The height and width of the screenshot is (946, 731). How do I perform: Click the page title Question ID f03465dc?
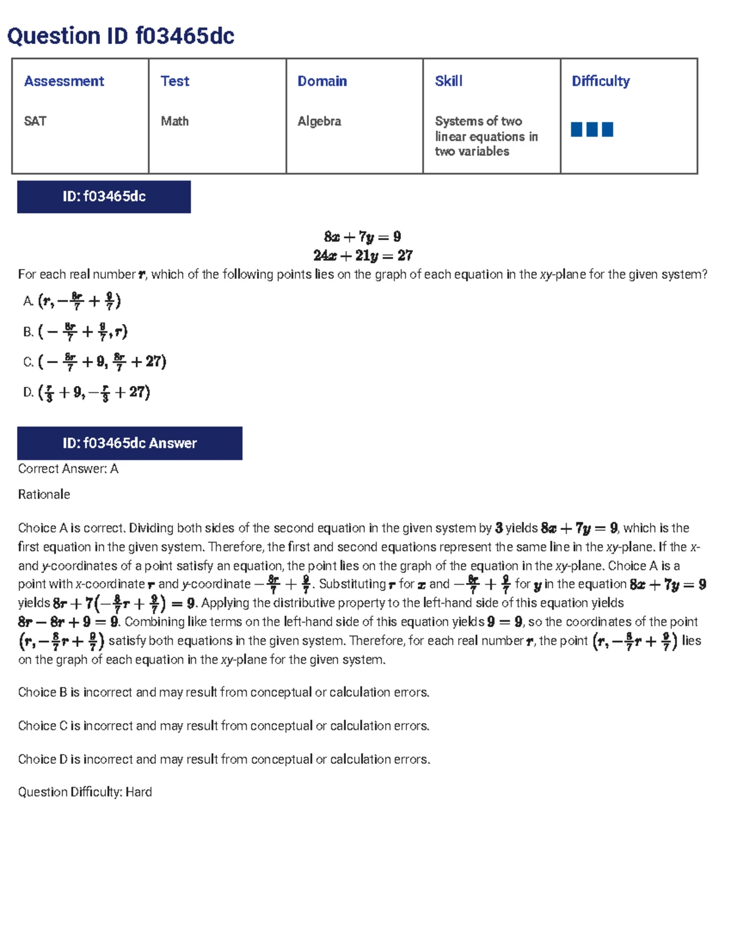point(121,37)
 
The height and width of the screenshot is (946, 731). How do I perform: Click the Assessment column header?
point(64,81)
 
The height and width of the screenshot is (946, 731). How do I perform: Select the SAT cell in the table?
point(35,121)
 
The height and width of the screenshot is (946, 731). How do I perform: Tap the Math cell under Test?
point(175,121)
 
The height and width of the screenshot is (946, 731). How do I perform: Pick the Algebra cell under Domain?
point(319,121)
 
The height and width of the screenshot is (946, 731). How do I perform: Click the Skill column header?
point(449,81)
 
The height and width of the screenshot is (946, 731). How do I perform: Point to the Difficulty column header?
point(601,81)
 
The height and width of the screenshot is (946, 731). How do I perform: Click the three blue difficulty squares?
point(592,129)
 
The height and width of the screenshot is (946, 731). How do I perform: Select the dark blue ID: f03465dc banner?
point(104,197)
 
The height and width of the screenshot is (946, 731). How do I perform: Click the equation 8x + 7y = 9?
point(362,236)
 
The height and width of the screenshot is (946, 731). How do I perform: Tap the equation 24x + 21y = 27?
point(362,255)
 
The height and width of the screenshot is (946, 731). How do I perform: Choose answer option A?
point(73,301)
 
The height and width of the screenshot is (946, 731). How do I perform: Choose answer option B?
point(76,331)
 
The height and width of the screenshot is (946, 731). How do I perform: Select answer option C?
point(95,362)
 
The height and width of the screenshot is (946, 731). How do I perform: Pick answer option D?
point(87,392)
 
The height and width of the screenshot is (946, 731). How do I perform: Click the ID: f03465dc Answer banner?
point(129,443)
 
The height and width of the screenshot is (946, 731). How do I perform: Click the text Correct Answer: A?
point(68,469)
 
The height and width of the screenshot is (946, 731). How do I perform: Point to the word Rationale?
point(44,495)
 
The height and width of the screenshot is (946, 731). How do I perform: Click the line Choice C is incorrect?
point(224,726)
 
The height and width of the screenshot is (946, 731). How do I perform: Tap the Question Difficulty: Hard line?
point(85,792)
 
